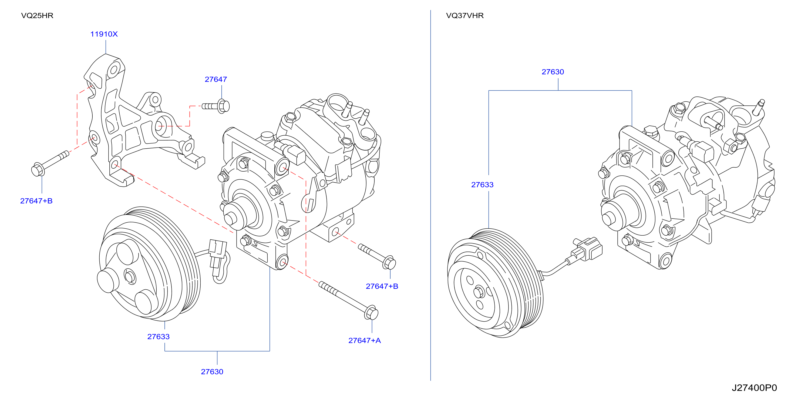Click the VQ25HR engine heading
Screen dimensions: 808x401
pyautogui.click(x=37, y=16)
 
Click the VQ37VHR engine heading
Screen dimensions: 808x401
pyautogui.click(x=464, y=16)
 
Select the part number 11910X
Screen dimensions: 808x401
pyautogui.click(x=104, y=34)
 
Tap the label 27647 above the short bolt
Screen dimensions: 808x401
pyautogui.click(x=216, y=79)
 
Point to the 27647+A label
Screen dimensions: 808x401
pyautogui.click(x=365, y=340)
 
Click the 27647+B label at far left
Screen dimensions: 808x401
pyautogui.click(x=36, y=201)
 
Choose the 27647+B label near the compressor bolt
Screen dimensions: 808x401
pyautogui.click(x=382, y=286)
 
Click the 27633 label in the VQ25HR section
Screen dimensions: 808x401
pyautogui.click(x=159, y=337)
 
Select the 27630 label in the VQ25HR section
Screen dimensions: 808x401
pyautogui.click(x=212, y=372)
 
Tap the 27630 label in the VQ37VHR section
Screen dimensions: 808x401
pyautogui.click(x=553, y=72)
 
